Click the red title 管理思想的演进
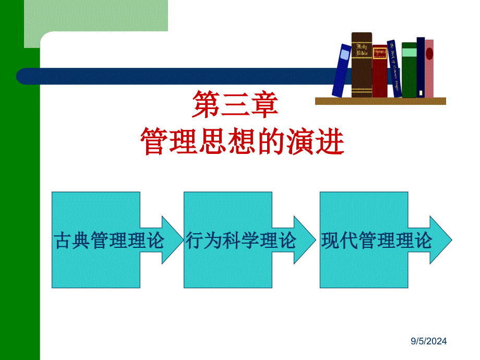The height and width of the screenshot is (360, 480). (243, 141)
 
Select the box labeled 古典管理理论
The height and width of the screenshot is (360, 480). (96, 240)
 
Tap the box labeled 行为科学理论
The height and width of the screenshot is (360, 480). (228, 240)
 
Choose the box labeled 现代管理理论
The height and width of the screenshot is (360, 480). (364, 240)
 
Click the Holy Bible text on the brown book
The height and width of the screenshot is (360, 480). (362, 50)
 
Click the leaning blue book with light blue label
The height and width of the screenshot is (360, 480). (342, 70)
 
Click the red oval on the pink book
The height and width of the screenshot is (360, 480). (429, 54)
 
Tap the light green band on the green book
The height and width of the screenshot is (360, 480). (409, 53)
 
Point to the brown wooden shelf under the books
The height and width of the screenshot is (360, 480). (380, 101)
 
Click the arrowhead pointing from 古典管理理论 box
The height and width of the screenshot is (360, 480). (167, 240)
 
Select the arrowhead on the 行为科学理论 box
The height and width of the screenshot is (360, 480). (302, 240)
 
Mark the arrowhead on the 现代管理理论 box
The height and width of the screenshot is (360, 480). (440, 240)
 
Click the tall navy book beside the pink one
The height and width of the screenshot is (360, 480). (421, 68)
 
